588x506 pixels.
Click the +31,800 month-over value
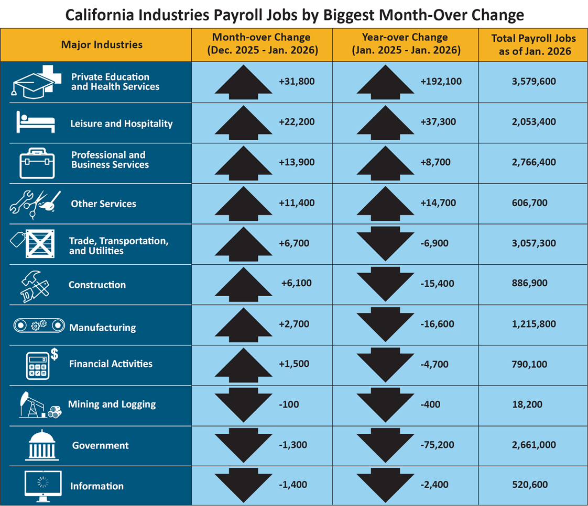[297, 81]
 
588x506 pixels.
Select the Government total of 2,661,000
[532, 445]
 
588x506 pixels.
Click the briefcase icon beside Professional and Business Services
[35, 163]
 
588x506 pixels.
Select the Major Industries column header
[102, 44]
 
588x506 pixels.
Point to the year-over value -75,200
[437, 445]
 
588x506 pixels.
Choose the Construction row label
[97, 285]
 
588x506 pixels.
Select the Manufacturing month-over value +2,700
[295, 324]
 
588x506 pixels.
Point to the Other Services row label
[103, 204]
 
